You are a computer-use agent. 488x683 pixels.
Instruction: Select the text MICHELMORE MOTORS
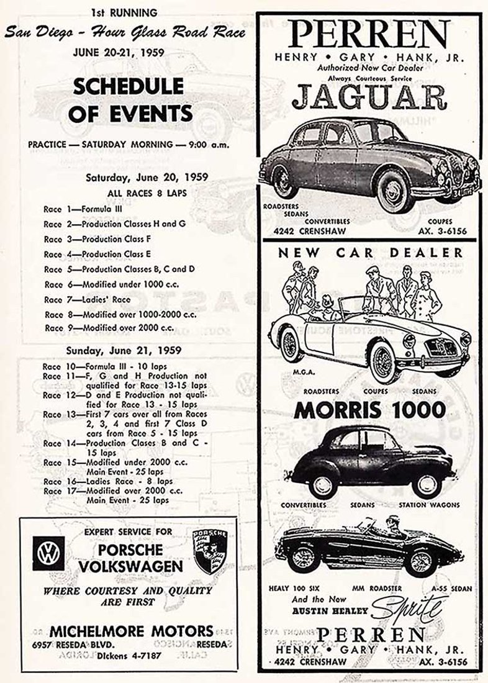[x=132, y=629]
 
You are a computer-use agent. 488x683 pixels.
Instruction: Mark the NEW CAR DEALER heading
[x=370, y=253]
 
